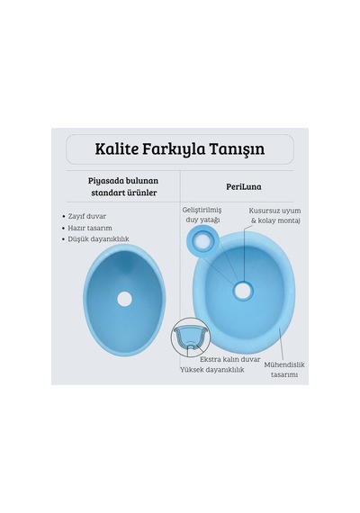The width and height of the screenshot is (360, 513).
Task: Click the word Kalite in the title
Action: coord(116,148)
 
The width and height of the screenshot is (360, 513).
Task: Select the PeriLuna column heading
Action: coord(244,187)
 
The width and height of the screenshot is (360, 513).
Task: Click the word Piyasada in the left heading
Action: coord(105,181)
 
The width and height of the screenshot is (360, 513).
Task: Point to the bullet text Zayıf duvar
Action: coord(87,216)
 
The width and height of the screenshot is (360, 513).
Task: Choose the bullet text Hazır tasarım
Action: coord(90,228)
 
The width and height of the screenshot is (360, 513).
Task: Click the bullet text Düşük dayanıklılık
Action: coord(98,239)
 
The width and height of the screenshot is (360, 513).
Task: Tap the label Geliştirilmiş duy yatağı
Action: coord(202,215)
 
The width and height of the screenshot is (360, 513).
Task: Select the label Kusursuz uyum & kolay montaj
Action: coord(274,216)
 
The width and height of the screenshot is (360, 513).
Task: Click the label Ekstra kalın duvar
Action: coord(230,359)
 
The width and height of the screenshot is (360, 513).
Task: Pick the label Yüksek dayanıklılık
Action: coord(212,370)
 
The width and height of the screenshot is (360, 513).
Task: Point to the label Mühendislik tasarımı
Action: coord(284,370)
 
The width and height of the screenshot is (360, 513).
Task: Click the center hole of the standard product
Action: coord(124,299)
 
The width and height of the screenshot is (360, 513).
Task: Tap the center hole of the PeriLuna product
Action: coord(242,291)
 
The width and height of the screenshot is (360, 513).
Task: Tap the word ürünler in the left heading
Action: coord(141,193)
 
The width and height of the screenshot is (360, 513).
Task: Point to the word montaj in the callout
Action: coord(289,220)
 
